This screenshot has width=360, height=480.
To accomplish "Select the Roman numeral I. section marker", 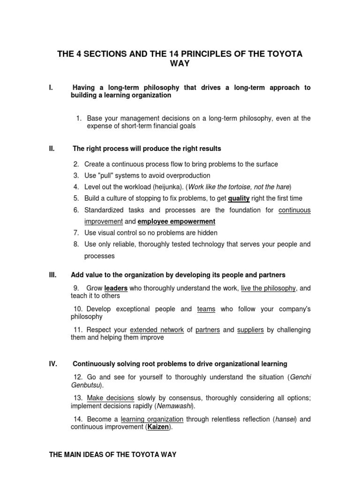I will tap(51, 88).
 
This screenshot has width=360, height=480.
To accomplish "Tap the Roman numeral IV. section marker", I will tap(53, 364).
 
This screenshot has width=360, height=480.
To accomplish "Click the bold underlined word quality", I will tap(239, 198).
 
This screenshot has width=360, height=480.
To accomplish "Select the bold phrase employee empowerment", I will tap(176, 221).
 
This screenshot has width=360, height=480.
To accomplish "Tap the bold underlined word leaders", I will tap(116, 288).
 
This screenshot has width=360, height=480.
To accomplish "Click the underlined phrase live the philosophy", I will tap(268, 288).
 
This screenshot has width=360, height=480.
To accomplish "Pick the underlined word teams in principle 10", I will tap(206, 309).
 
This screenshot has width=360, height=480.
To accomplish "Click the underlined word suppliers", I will tap(250, 330).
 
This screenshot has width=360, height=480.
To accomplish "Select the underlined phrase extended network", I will tap(157, 330).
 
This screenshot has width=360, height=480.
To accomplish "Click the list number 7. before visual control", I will tap(76, 232).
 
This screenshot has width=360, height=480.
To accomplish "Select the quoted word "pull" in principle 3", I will tap(105, 175).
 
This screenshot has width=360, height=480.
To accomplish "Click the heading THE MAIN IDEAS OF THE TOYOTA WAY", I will tap(113, 455).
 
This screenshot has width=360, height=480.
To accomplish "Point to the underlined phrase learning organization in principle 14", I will tap(152, 419).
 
